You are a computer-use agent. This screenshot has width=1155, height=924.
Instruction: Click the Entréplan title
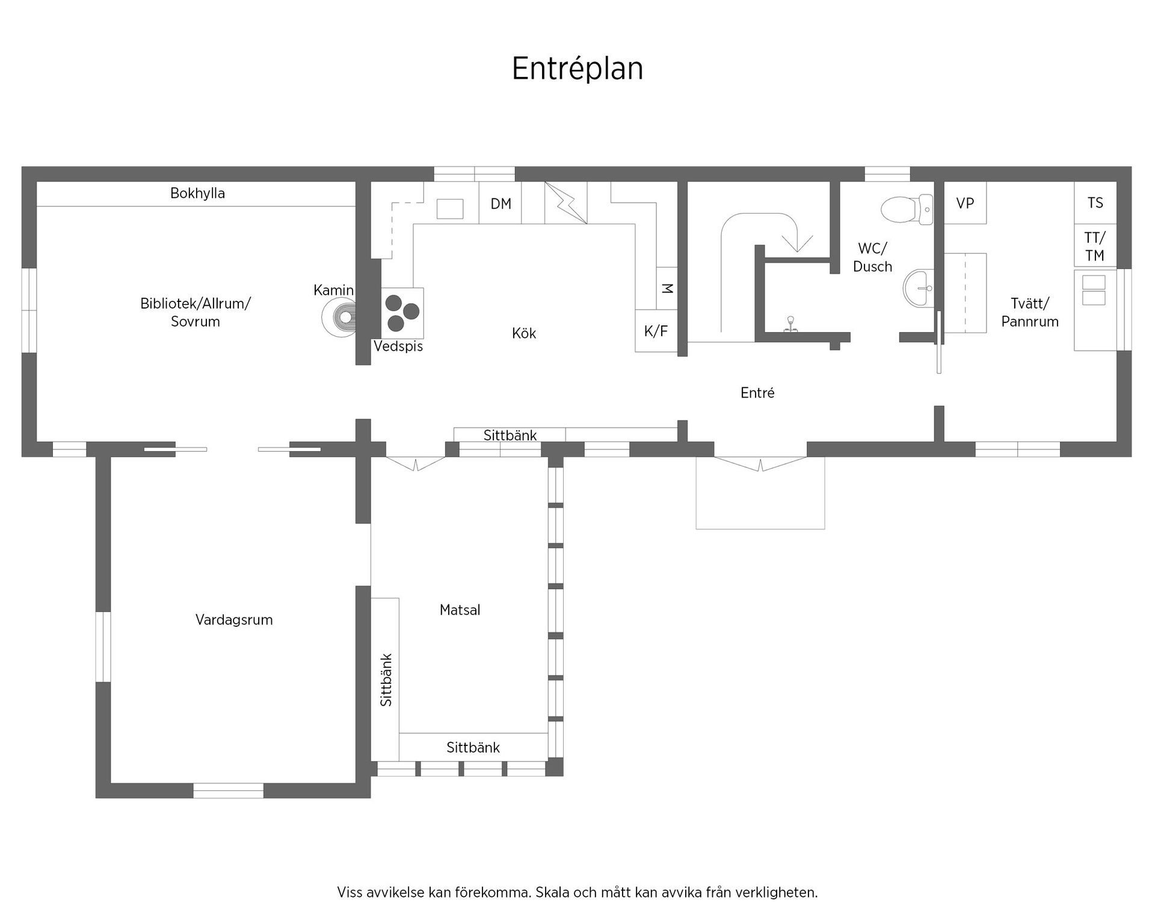pyautogui.click(x=577, y=69)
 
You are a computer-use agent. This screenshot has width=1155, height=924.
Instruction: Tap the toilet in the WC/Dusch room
pyautogui.click(x=907, y=209)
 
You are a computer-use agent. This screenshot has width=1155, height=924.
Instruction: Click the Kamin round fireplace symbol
pyautogui.click(x=340, y=317)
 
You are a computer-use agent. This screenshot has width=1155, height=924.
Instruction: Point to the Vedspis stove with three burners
pyautogui.click(x=402, y=313)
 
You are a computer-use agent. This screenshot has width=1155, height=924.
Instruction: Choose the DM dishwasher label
pyautogui.click(x=501, y=204)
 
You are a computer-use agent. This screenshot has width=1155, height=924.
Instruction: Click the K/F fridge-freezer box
pyautogui.click(x=656, y=331)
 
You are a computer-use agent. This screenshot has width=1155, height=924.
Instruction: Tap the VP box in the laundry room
pyautogui.click(x=965, y=203)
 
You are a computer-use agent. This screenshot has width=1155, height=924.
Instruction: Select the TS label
pyautogui.click(x=1095, y=203)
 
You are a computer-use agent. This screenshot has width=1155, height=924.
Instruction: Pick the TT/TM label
pyautogui.click(x=1095, y=247)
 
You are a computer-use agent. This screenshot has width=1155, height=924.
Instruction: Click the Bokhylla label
pyautogui.click(x=197, y=193)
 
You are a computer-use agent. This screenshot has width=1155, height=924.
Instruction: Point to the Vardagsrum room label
pyautogui.click(x=234, y=620)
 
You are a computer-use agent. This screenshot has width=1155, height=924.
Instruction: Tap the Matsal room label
pyautogui.click(x=460, y=610)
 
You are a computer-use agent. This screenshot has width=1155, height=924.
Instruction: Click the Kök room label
pyautogui.click(x=524, y=333)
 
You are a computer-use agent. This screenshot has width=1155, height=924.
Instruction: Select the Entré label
pyautogui.click(x=757, y=393)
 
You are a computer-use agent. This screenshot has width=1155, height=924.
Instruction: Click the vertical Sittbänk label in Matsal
pyautogui.click(x=386, y=680)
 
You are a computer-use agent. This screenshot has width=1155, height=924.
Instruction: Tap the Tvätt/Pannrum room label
pyautogui.click(x=1030, y=312)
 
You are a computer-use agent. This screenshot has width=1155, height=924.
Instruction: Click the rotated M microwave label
pyautogui.click(x=667, y=288)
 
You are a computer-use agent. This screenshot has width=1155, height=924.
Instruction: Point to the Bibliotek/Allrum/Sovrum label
pyautogui.click(x=196, y=312)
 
